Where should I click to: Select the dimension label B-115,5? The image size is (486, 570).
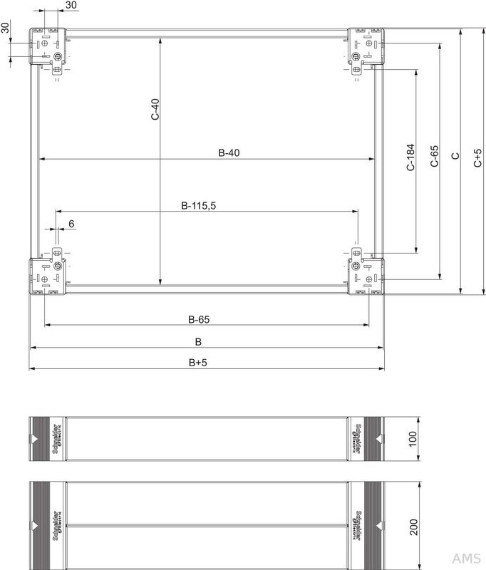[198, 206]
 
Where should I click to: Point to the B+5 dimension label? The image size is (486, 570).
[198, 363]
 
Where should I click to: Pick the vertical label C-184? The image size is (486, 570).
[410, 158]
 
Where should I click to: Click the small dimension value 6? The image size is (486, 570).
[71, 224]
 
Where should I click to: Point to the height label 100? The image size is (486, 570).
[412, 437]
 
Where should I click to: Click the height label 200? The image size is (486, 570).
[412, 528]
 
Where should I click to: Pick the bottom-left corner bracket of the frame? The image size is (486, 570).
[48, 274]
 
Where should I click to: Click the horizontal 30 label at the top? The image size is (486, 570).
[71, 6]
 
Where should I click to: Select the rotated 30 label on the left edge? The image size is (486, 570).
[6, 28]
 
